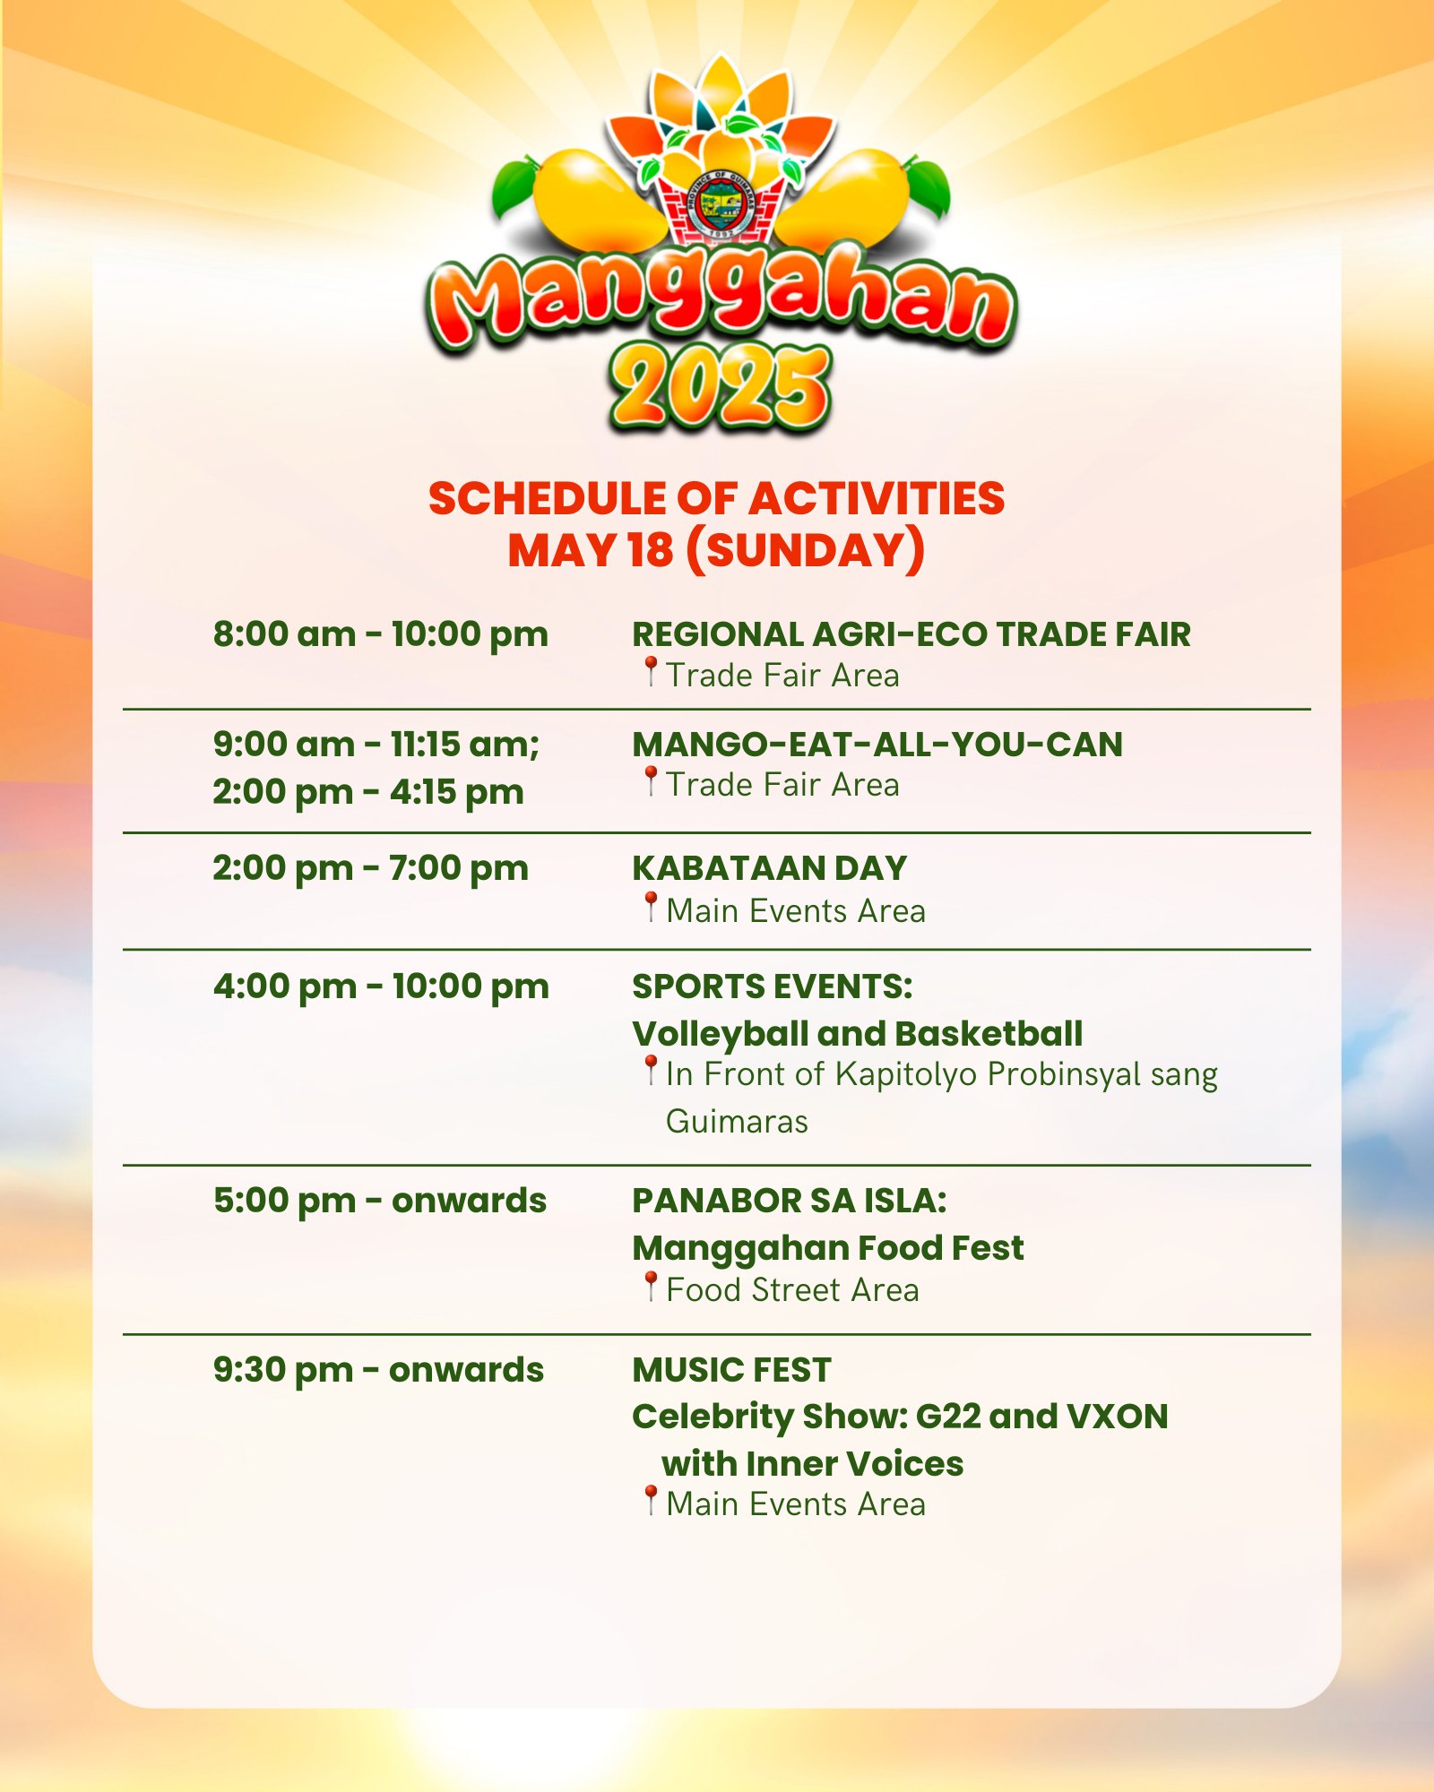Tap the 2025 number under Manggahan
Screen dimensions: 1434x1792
click(720, 387)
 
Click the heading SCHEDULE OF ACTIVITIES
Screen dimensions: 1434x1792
click(717, 498)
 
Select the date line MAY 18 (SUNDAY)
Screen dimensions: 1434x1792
click(716, 549)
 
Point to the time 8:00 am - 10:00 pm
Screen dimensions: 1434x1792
click(381, 634)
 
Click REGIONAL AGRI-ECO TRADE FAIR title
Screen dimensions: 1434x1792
click(911, 634)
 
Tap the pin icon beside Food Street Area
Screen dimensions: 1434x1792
click(652, 1286)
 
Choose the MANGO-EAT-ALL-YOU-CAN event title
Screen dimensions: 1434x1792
click(877, 745)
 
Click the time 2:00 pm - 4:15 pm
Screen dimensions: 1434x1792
click(368, 793)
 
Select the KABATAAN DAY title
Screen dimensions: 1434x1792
click(770, 868)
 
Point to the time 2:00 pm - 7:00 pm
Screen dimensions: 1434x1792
click(371, 869)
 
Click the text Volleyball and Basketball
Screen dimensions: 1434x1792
click(858, 1034)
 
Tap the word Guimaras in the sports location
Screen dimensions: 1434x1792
click(737, 1122)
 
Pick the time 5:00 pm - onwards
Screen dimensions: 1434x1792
click(380, 1201)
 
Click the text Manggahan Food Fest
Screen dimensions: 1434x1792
click(828, 1248)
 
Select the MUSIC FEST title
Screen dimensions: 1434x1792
click(732, 1370)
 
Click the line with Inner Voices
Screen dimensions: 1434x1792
click(813, 1464)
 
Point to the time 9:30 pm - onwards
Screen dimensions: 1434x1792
click(378, 1370)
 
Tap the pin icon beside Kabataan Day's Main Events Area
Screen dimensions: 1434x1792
click(652, 907)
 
